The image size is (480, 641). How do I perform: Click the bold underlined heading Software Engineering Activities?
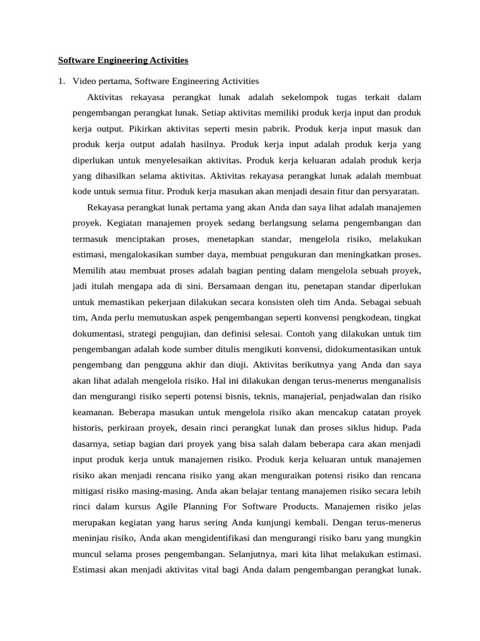(x=123, y=61)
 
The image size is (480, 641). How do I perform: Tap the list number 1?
(x=61, y=81)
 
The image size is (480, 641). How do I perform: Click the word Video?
(x=84, y=81)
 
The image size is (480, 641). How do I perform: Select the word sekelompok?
(x=298, y=98)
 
